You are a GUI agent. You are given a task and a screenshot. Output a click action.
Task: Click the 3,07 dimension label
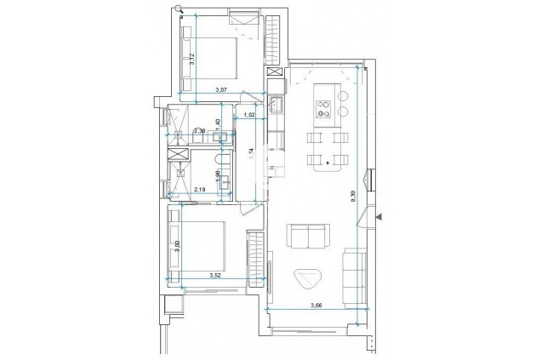pyautogui.click(x=220, y=89)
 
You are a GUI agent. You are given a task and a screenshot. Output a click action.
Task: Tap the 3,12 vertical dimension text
pyautogui.click(x=192, y=59)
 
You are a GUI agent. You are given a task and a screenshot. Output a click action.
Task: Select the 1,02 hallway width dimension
pyautogui.click(x=250, y=115)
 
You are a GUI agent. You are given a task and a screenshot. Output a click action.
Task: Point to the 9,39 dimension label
pyautogui.click(x=353, y=198)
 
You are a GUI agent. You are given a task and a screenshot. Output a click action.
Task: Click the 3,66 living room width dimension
pyautogui.click(x=316, y=305)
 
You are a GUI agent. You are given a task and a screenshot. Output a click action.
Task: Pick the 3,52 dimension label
pyautogui.click(x=216, y=274)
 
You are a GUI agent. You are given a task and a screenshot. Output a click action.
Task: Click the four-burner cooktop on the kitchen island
pyautogui.click(x=324, y=107)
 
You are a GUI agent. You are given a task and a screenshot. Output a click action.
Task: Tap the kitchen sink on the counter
pyautogui.click(x=277, y=105)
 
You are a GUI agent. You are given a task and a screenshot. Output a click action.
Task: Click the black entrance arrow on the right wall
pyautogui.click(x=381, y=218)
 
